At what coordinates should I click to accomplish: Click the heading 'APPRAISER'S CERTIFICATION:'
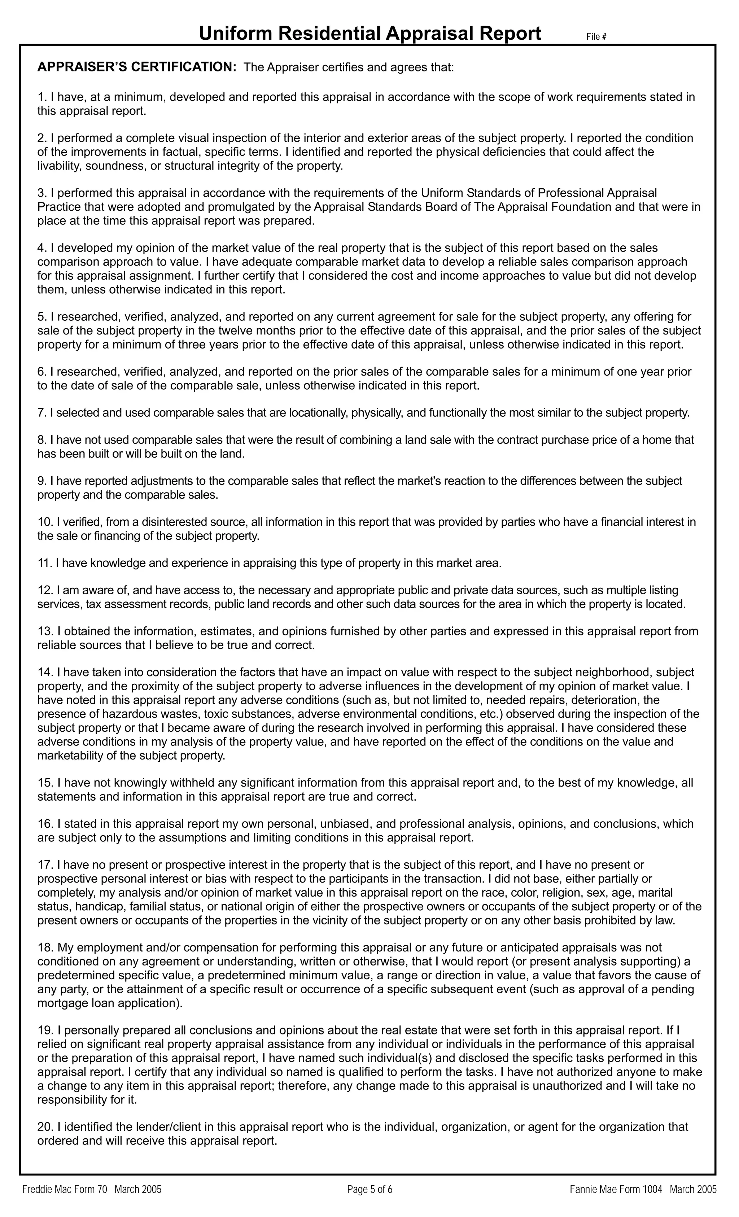tap(137, 67)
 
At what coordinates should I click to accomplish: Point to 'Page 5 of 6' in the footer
tap(369, 1189)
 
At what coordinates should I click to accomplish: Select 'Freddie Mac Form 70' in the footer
tap(65, 1189)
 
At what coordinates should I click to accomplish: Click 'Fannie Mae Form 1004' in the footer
tap(616, 1189)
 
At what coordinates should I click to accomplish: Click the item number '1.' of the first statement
tap(41, 97)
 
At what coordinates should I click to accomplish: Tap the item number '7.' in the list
tap(41, 412)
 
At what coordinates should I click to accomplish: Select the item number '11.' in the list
tap(44, 562)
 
